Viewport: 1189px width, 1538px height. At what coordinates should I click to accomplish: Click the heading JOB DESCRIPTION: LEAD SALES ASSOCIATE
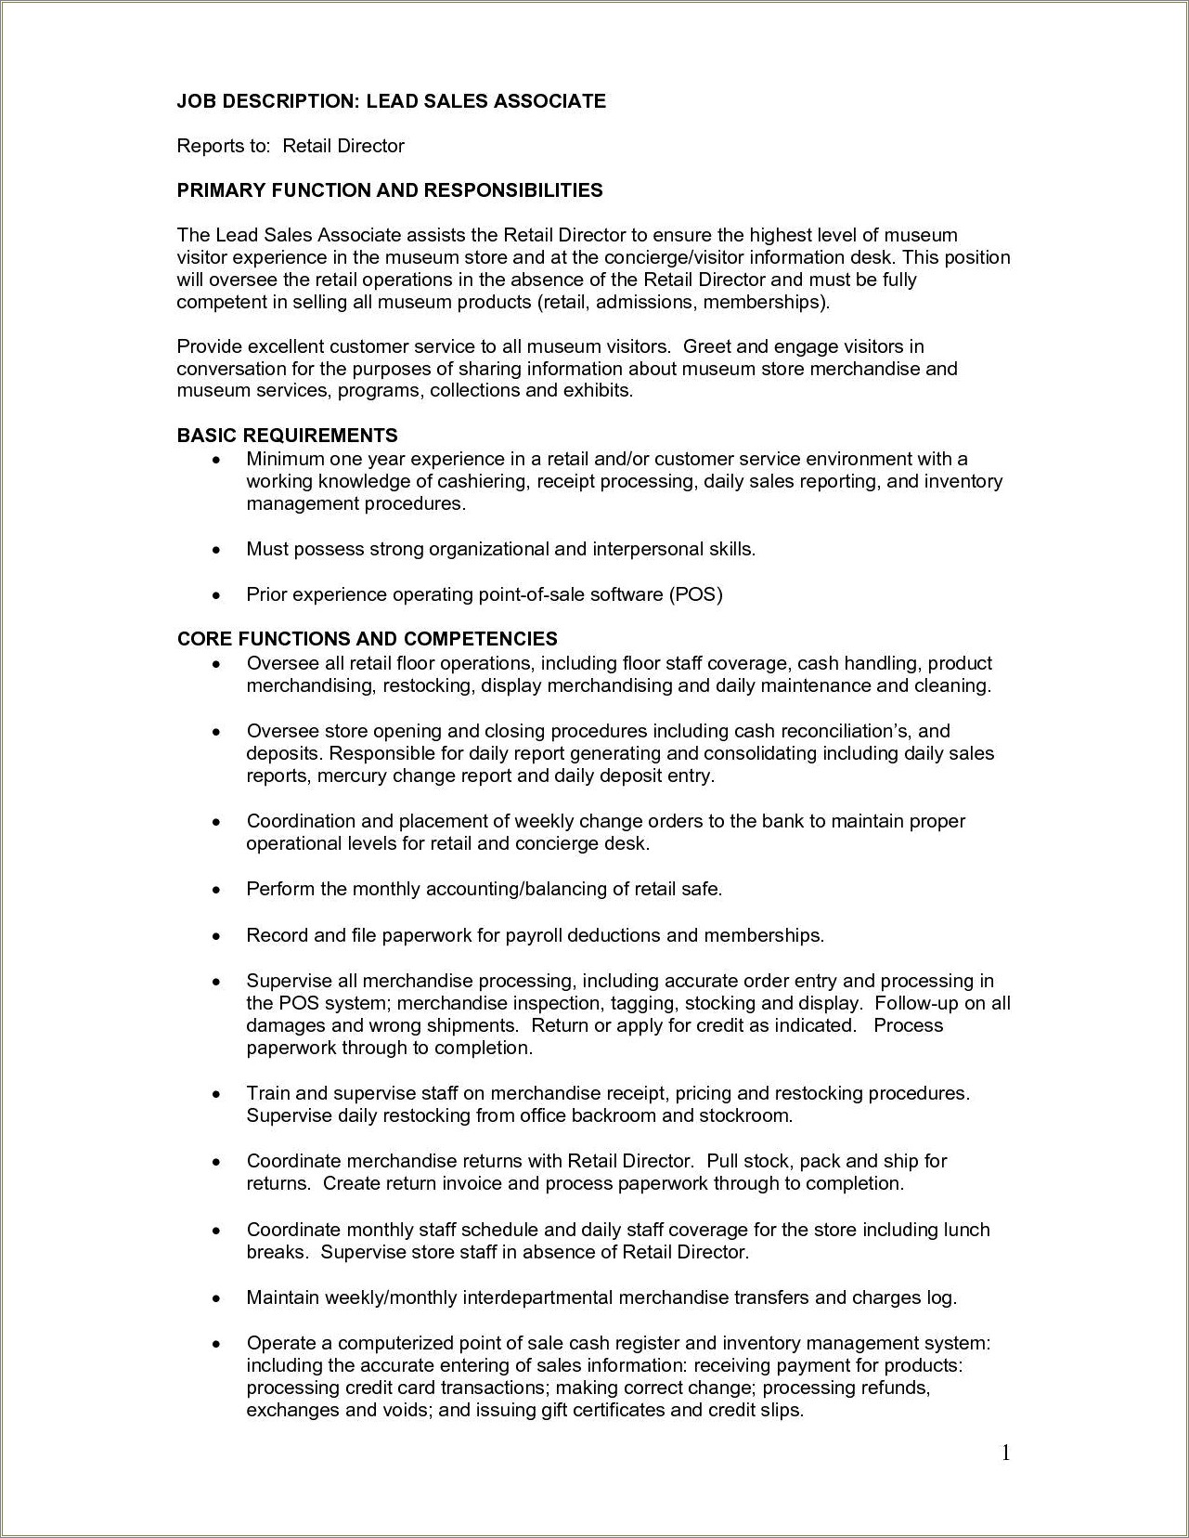[x=391, y=101]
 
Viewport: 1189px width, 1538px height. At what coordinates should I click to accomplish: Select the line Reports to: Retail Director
[x=291, y=146]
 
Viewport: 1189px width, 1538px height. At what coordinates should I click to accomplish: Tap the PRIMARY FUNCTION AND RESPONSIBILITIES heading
[x=390, y=190]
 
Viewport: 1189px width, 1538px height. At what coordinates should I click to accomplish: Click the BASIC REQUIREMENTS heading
[x=287, y=436]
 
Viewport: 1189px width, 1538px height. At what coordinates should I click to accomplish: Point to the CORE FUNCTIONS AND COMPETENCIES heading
[x=367, y=639]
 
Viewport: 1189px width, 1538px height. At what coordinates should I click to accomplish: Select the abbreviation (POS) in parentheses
[x=694, y=594]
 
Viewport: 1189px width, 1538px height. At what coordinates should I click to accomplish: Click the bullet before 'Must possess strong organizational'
[x=216, y=551]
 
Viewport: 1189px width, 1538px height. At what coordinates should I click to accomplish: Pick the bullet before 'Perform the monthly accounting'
[x=216, y=891]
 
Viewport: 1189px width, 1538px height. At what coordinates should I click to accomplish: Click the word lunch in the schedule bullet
[x=966, y=1230]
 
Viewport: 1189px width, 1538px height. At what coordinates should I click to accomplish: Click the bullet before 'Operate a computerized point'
[x=216, y=1345]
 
